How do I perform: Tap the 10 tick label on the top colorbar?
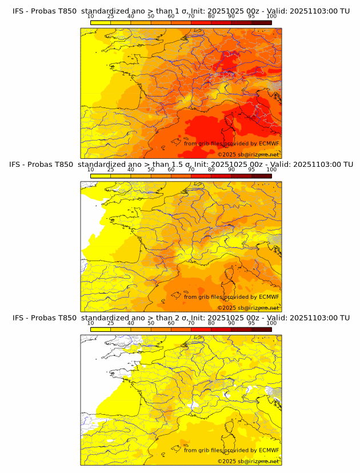click(90, 17)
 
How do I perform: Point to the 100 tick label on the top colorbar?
click(271, 17)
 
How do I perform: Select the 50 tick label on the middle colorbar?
click(151, 170)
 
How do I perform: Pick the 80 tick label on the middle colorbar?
click(211, 170)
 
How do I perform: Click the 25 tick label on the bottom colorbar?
click(110, 323)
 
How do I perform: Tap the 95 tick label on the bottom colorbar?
click(251, 323)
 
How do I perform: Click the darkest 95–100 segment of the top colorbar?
click(261, 22)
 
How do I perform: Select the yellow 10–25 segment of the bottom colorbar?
click(100, 328)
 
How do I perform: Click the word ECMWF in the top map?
click(269, 143)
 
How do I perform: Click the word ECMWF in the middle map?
click(269, 297)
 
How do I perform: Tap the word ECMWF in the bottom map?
click(269, 450)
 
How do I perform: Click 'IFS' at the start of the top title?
click(18, 11)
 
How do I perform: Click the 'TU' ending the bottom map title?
click(345, 318)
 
